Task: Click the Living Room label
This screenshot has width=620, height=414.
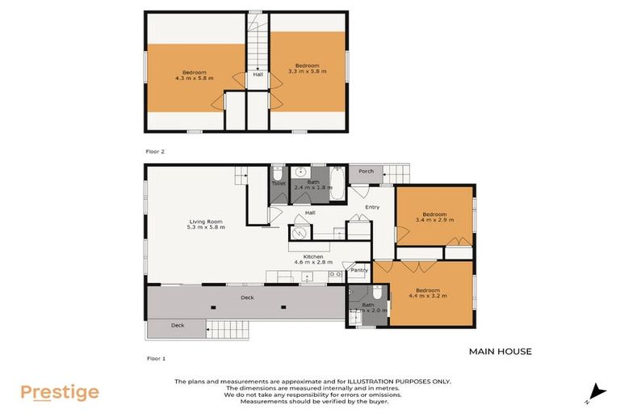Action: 207,224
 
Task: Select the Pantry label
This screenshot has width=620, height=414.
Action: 359,270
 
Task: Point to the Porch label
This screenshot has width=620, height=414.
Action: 366,171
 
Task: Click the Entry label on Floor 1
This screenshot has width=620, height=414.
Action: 372,207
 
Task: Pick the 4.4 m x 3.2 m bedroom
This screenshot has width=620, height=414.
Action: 428,293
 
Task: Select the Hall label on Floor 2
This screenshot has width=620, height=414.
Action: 258,75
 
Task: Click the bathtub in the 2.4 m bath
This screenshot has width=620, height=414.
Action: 337,184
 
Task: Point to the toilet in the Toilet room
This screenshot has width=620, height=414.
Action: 278,173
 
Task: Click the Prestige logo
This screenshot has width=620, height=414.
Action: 60,393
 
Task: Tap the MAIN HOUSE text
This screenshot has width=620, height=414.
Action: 500,352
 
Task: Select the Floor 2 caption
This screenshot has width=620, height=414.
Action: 155,150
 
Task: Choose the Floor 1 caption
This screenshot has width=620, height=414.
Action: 155,357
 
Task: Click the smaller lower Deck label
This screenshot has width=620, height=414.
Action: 177,326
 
